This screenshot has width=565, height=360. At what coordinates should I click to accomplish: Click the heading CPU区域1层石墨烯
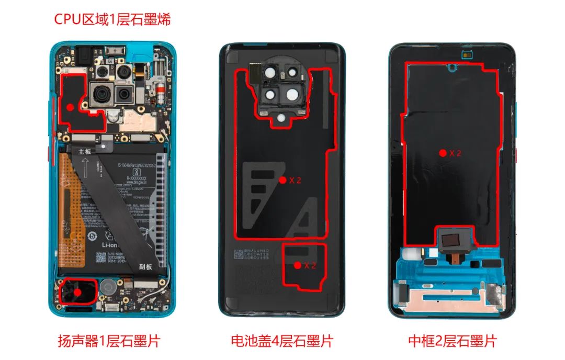point(112,20)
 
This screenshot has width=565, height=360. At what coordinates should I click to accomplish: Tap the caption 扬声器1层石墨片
point(108,342)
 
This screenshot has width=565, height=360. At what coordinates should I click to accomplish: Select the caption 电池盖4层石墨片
point(282,342)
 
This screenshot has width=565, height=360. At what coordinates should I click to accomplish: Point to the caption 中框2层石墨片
point(452,342)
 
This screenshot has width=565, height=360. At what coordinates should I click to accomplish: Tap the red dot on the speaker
point(77,292)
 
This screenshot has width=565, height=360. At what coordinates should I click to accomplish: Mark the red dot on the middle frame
point(443,153)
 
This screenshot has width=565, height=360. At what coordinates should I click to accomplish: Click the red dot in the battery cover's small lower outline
point(297,265)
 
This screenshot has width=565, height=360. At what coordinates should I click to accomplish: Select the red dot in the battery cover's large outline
point(282,180)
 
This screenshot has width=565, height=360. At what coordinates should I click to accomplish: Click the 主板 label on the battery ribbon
point(85,151)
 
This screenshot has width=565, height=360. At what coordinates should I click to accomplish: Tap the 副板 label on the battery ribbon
point(145,267)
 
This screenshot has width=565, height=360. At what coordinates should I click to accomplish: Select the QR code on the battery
point(100,257)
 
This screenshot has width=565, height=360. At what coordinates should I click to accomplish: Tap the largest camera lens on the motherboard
point(101,96)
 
